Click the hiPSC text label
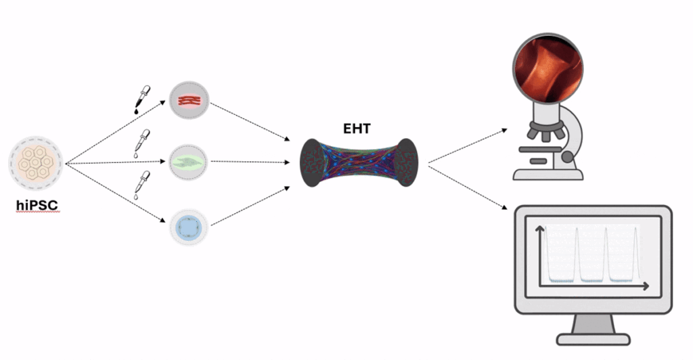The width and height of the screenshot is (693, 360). [x=38, y=204]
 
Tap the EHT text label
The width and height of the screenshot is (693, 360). [x=357, y=127]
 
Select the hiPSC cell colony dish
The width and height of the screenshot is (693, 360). [x=37, y=162]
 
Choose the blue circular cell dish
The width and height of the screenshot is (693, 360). [x=189, y=225]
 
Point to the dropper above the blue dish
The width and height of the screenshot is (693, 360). [x=142, y=184]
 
